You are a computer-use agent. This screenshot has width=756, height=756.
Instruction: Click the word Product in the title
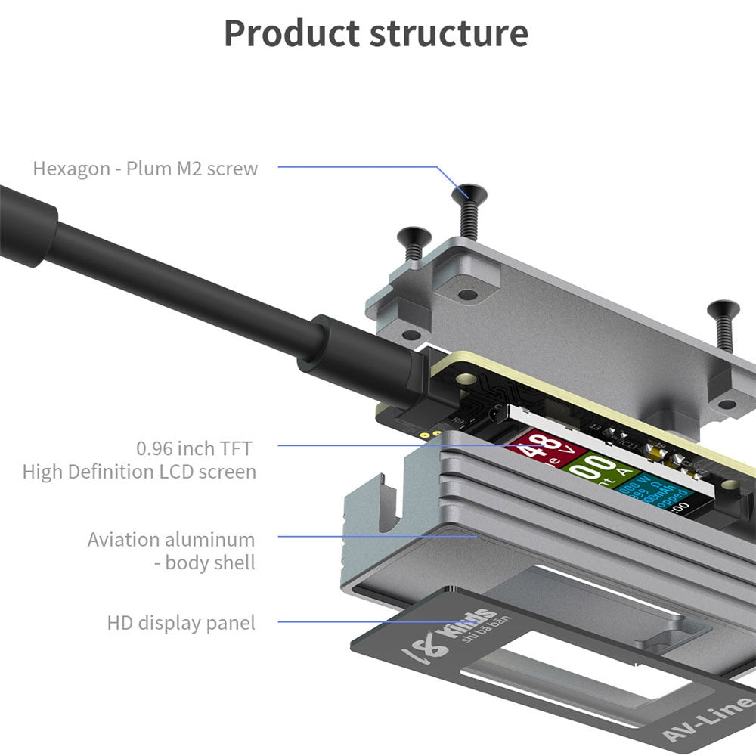click(x=291, y=34)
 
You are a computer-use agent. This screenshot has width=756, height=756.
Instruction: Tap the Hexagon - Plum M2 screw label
click(x=145, y=168)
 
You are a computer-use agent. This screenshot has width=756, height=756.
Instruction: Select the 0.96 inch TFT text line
click(x=194, y=448)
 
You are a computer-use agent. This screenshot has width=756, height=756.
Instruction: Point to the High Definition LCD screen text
click(x=139, y=472)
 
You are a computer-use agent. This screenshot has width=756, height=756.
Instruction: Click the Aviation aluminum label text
click(x=171, y=540)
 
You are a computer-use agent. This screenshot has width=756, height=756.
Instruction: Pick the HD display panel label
click(x=181, y=623)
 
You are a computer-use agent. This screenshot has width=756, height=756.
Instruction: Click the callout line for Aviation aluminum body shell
click(x=378, y=536)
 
